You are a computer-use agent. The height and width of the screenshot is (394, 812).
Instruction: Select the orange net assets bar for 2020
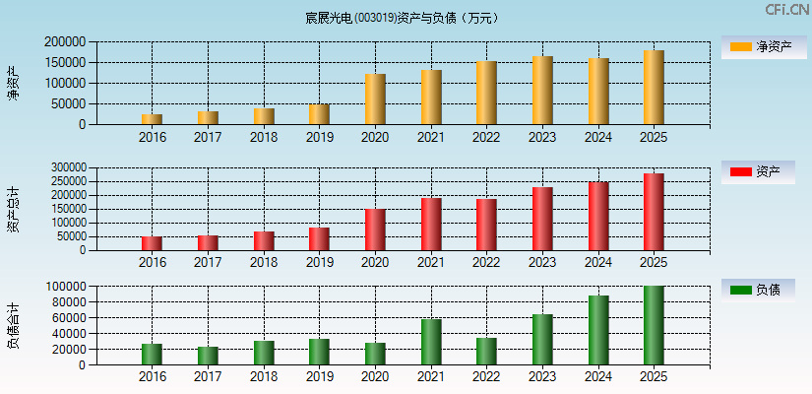coord(375,99)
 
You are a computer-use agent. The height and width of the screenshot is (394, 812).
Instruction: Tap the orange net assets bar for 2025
coord(654,88)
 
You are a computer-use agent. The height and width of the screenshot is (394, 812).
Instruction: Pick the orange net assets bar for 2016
coord(153,119)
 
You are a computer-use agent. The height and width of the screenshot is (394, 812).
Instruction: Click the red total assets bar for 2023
coord(542,219)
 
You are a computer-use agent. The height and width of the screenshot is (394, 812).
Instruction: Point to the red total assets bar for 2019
coord(319,239)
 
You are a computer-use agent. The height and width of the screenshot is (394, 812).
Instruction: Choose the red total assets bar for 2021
coord(431,225)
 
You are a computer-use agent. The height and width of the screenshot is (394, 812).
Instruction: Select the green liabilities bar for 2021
coord(431,342)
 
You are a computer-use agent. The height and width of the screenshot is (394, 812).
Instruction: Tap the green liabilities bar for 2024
coord(598,330)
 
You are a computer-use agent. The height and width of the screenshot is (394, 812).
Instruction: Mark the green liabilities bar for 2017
coord(208,356)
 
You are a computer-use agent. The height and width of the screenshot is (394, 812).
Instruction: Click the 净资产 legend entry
coord(758,46)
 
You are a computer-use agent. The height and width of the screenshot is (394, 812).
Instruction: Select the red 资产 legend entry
coord(758,172)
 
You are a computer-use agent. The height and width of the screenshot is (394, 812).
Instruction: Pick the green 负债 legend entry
coord(758,290)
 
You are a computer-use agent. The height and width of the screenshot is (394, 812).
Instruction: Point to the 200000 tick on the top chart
coord(64,42)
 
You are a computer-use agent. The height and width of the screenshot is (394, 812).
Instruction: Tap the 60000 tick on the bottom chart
coord(68,318)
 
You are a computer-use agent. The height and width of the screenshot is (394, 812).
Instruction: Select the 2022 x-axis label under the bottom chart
coord(486,377)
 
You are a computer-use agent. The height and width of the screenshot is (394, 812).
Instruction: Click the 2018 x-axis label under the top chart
coord(264,137)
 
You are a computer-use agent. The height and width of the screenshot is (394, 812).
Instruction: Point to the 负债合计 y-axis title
coord(14,325)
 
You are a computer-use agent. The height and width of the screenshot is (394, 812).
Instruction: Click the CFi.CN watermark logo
coord(786,10)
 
